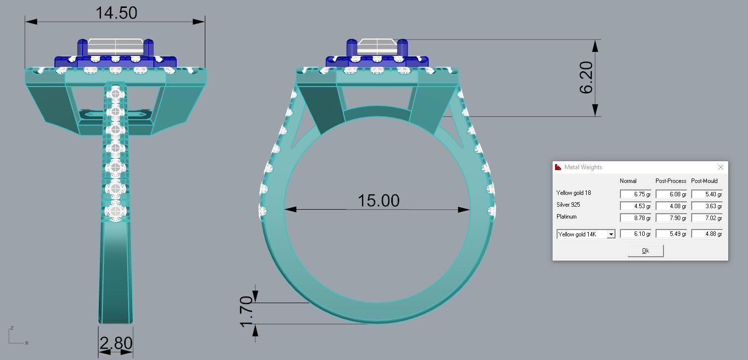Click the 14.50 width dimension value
coord(116,12)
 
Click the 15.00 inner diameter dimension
coord(378,201)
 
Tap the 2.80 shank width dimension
coord(116,343)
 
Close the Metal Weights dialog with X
coord(720,167)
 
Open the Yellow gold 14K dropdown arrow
coord(611,234)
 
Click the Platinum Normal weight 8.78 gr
coord(635,218)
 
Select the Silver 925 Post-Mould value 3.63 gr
coord(706,206)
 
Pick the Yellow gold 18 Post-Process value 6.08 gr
coord(671,194)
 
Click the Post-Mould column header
coord(704,181)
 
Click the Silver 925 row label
coord(568,205)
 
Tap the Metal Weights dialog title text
coord(583,167)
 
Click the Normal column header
coord(628,181)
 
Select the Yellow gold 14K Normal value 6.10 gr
coord(635,234)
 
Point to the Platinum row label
coord(566,217)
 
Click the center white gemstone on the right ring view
coord(377,46)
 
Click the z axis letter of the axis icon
coord(11,328)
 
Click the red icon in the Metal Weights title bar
coord(559,167)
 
